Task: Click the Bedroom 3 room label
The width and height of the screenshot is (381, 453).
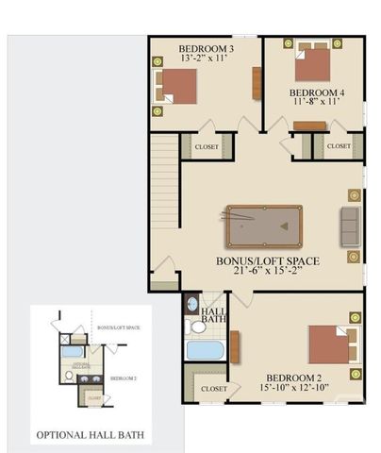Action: click(206, 47)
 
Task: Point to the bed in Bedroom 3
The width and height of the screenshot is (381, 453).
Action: click(176, 88)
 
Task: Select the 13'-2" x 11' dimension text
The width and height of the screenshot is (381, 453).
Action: click(206, 59)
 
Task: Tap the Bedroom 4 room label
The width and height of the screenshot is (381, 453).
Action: click(317, 92)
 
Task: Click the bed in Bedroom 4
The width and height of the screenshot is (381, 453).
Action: click(313, 64)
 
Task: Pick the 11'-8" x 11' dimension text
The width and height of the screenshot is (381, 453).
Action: click(317, 104)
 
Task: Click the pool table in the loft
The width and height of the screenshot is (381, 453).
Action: click(264, 225)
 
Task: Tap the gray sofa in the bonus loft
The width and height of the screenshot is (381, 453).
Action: click(350, 226)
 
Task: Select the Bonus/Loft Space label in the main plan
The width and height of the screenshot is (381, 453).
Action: click(267, 260)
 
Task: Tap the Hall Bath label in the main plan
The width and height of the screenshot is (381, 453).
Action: click(214, 315)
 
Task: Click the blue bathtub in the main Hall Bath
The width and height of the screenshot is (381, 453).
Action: click(204, 350)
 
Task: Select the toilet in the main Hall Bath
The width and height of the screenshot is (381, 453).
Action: click(197, 327)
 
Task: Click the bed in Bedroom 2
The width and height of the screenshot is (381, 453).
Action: click(331, 344)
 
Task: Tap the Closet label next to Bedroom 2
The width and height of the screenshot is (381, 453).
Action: click(214, 388)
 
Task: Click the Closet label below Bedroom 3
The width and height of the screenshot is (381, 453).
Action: click(207, 147)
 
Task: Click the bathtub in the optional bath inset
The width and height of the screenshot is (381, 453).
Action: click(73, 351)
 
